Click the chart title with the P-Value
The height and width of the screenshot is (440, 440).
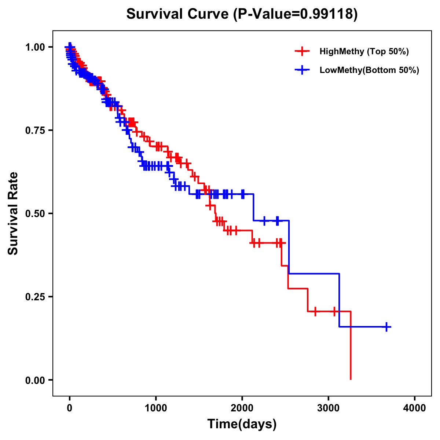(242, 14)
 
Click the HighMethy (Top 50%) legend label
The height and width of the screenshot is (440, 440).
(364, 51)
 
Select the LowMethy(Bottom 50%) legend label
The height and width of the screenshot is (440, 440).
(369, 70)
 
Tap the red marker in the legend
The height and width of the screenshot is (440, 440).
(302, 51)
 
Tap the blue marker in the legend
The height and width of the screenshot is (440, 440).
(302, 70)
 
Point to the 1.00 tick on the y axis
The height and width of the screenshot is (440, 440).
(35, 47)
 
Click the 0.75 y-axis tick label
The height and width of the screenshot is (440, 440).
(35, 131)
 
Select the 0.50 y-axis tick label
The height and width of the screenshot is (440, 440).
(35, 214)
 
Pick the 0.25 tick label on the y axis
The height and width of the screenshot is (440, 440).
(35, 297)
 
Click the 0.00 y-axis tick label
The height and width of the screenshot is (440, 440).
(35, 380)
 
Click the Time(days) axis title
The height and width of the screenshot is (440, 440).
(242, 424)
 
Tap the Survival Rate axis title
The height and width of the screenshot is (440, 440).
(13, 213)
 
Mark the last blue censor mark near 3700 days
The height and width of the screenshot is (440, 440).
(386, 327)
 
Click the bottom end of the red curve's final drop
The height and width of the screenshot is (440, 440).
(351, 379)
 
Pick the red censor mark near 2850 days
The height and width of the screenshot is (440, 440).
(315, 311)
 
